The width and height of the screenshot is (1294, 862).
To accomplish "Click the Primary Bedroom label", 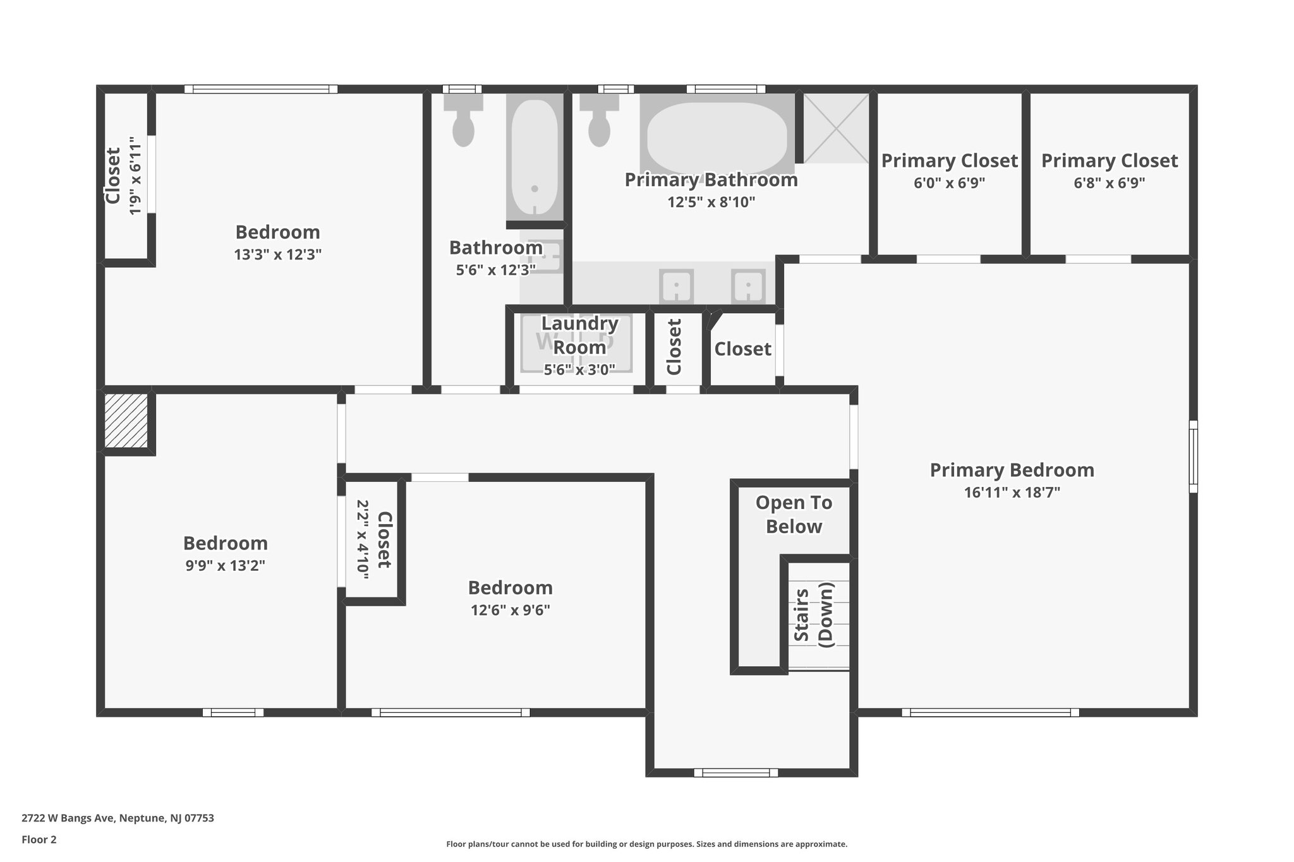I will point(1012,470).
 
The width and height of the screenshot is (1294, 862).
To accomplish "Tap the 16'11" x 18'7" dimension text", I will point(1012,493).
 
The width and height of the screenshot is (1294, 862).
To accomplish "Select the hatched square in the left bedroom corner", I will point(126,421).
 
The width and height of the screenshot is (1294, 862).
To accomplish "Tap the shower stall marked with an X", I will point(836,128).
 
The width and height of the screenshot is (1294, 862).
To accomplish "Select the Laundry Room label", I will point(579,335).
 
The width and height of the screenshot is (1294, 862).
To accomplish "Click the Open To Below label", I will point(794,514).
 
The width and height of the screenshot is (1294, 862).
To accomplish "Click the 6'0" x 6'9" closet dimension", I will point(949,183).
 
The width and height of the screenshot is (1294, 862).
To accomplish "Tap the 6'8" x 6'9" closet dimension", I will point(1109,183).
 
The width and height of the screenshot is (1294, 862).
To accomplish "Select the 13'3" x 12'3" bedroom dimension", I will point(277,254).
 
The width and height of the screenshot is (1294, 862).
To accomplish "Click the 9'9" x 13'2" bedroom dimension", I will point(225,566).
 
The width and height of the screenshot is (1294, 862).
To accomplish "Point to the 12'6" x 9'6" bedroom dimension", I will point(510,610).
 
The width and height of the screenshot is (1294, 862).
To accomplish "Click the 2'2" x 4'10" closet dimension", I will point(362,540).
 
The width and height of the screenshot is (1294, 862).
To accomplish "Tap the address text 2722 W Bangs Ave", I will point(118,818).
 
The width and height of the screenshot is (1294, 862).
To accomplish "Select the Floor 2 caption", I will point(39,839).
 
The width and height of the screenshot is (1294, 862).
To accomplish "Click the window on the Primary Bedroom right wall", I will point(1193,457).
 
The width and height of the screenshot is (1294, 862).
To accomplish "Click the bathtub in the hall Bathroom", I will point(535,158).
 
